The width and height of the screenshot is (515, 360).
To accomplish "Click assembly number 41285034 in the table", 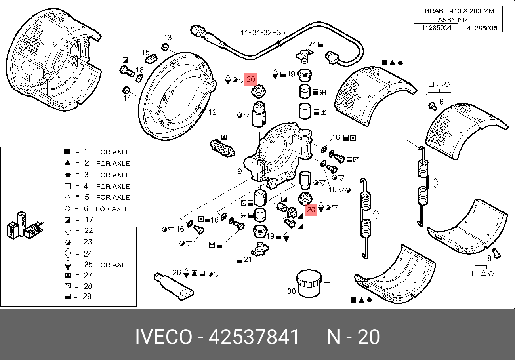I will point(435,28).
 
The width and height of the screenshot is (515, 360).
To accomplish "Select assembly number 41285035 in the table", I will point(481,28).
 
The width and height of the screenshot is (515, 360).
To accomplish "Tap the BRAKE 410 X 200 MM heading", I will point(459,11).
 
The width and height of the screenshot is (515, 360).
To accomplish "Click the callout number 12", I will point(212,112).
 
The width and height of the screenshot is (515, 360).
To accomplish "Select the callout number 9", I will point(240,171).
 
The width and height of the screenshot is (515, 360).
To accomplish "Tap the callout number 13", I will point(168,38).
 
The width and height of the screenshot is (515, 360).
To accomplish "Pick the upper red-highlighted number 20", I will point(250,80).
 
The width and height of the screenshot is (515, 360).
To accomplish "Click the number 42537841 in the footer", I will point(254,337).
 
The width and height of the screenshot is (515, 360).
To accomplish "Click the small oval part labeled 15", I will point(150,60).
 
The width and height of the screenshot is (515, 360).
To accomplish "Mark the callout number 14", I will point(127,97).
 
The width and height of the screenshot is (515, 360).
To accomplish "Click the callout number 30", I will point(291,291).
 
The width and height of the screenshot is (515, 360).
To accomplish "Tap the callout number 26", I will point(177,272).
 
